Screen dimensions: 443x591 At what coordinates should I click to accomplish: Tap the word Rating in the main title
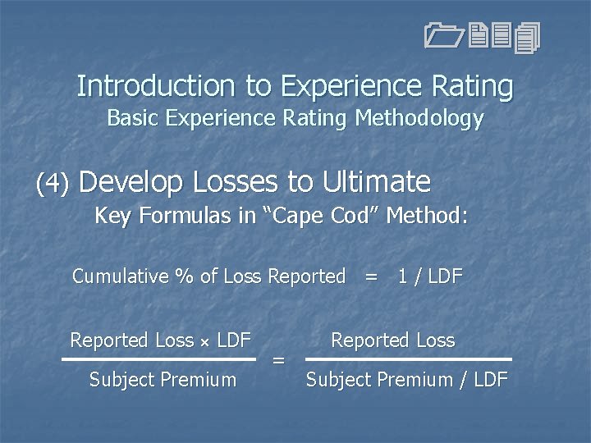click(471, 86)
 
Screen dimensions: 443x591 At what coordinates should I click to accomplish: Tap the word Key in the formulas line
click(112, 217)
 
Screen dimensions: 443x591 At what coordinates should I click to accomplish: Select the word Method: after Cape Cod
click(427, 217)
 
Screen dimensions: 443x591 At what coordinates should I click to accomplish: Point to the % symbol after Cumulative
click(185, 276)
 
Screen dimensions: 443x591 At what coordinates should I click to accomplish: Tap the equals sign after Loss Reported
click(372, 277)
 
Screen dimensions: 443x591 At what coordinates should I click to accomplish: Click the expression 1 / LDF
click(429, 276)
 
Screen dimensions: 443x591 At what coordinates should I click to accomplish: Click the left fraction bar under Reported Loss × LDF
click(159, 359)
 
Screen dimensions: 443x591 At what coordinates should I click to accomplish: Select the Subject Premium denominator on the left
click(163, 380)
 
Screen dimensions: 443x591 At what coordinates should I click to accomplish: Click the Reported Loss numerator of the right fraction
click(392, 340)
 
